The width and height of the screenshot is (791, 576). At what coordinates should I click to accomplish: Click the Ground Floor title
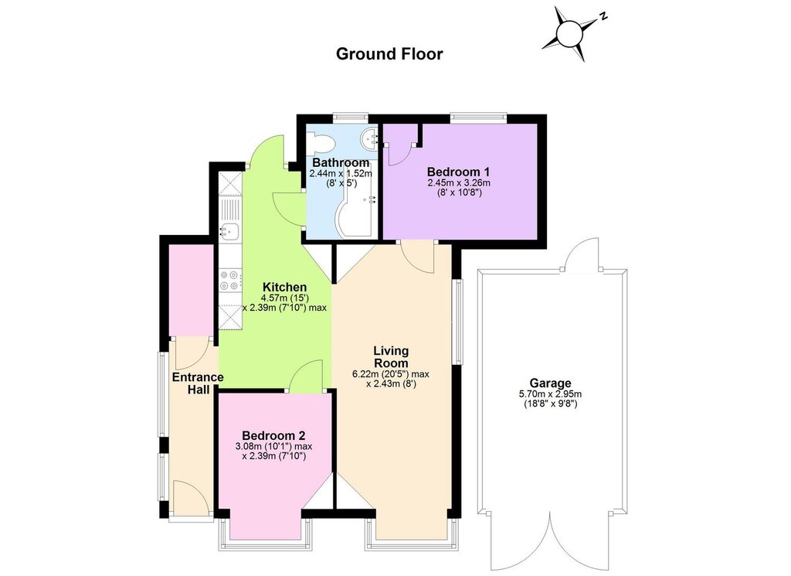tap(389, 54)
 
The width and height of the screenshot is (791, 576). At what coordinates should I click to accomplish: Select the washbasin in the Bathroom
tap(368, 138)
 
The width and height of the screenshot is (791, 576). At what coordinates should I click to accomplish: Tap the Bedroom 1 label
tap(458, 172)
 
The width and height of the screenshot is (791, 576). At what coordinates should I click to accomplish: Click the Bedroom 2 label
tap(273, 435)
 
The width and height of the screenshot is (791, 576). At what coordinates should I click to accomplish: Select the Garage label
tap(550, 383)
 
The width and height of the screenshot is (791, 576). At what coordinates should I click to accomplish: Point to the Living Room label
tap(391, 356)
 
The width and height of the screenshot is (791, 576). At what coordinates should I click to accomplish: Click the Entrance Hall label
tap(198, 383)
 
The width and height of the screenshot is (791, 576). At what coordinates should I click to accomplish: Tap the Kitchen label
tap(284, 288)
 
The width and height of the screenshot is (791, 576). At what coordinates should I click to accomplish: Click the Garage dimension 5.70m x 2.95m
tap(550, 394)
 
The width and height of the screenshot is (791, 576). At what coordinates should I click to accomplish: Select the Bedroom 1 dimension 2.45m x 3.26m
tap(459, 182)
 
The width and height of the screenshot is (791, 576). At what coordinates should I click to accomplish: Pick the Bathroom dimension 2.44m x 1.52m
tap(341, 174)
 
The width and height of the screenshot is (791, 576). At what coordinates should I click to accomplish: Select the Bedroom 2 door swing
tap(306, 376)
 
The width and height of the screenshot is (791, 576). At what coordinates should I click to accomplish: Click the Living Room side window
tap(457, 322)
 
